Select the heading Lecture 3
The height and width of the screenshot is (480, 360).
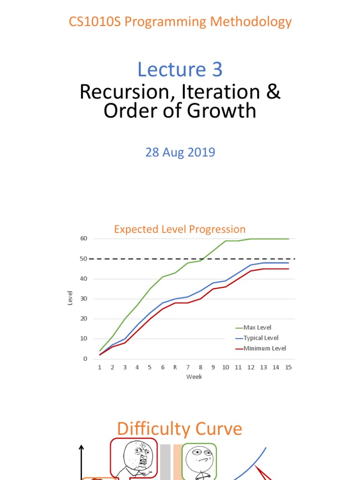click(180, 69)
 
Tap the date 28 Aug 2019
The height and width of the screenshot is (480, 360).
click(180, 152)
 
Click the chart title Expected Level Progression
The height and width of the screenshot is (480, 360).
click(180, 229)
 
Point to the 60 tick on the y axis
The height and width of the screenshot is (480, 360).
click(83, 239)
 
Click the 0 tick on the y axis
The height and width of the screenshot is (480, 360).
click(85, 359)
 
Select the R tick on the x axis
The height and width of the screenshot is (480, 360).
click(175, 367)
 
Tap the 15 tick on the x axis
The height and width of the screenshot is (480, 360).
click(288, 367)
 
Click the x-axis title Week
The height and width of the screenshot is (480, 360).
click(194, 377)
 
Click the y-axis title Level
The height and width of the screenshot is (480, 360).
click(70, 299)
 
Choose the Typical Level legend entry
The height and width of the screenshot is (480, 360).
click(261, 338)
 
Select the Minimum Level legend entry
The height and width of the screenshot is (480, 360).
click(262, 348)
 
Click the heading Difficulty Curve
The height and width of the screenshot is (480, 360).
click(180, 429)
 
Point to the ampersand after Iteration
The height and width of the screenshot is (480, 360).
click(274, 92)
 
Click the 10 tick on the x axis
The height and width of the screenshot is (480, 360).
click(225, 367)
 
